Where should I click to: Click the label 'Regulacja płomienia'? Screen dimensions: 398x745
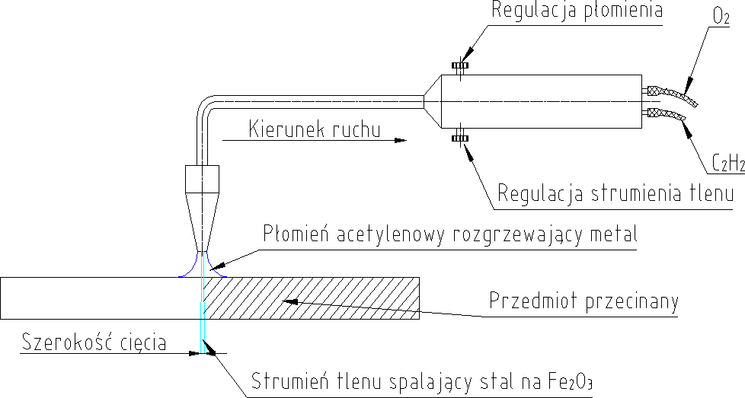pos(577,11)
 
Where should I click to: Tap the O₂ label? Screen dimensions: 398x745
pos(721,15)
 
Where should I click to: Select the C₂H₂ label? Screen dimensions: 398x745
pos(727,162)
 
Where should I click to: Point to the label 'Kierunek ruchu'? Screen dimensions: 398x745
pos(314,129)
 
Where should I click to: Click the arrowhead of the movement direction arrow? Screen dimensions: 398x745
pos(401,140)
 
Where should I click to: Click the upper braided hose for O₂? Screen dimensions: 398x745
pos(671,94)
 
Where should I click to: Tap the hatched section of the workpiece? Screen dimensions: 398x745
pos(320,297)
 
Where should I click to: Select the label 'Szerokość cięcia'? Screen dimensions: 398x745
pos(94,342)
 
